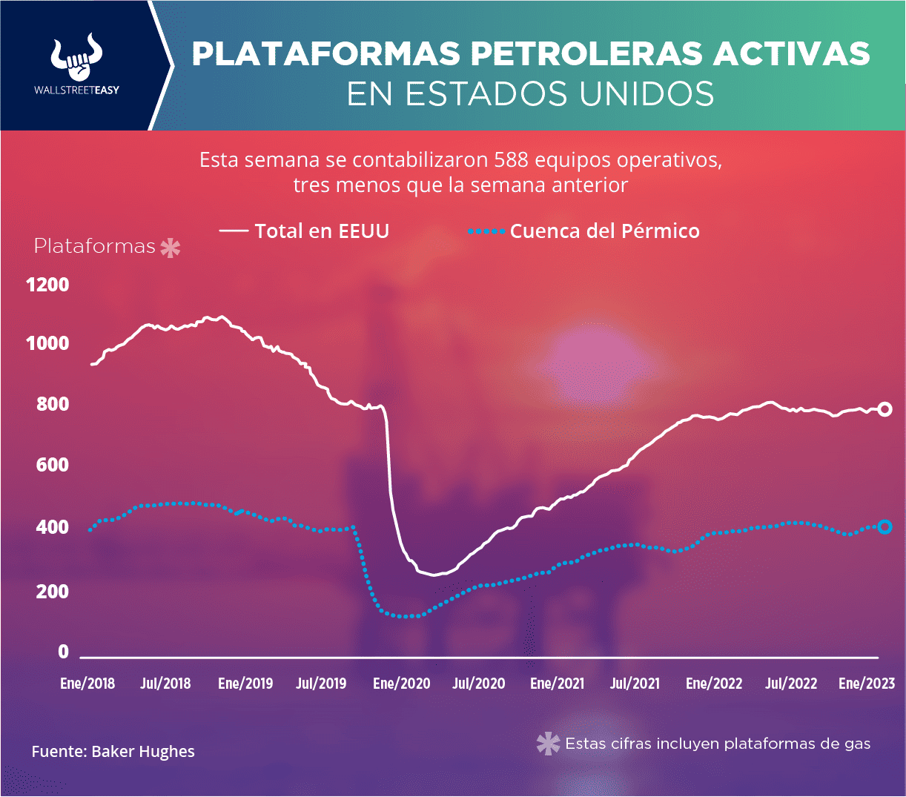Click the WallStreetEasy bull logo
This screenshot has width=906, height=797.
coord(76,56)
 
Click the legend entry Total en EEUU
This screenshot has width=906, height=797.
coord(304,231)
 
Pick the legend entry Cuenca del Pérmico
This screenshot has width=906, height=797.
coord(583,231)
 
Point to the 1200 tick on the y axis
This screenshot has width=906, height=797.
coord(48,285)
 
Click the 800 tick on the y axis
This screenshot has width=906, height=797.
coord(53,404)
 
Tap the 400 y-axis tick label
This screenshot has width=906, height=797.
coord(53,527)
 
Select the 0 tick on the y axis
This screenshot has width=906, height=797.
coord(64,652)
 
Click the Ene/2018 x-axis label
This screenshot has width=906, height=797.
coord(87,684)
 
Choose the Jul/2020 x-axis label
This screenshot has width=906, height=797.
coord(479,684)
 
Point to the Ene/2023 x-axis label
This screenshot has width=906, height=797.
coord(867,684)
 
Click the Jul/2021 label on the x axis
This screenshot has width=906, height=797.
coord(635,684)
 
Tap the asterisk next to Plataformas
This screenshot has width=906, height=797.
coord(171,248)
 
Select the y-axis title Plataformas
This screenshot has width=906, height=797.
coord(94,246)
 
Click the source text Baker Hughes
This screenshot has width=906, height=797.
coord(143,751)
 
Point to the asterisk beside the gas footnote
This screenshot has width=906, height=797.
coord(548,744)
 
